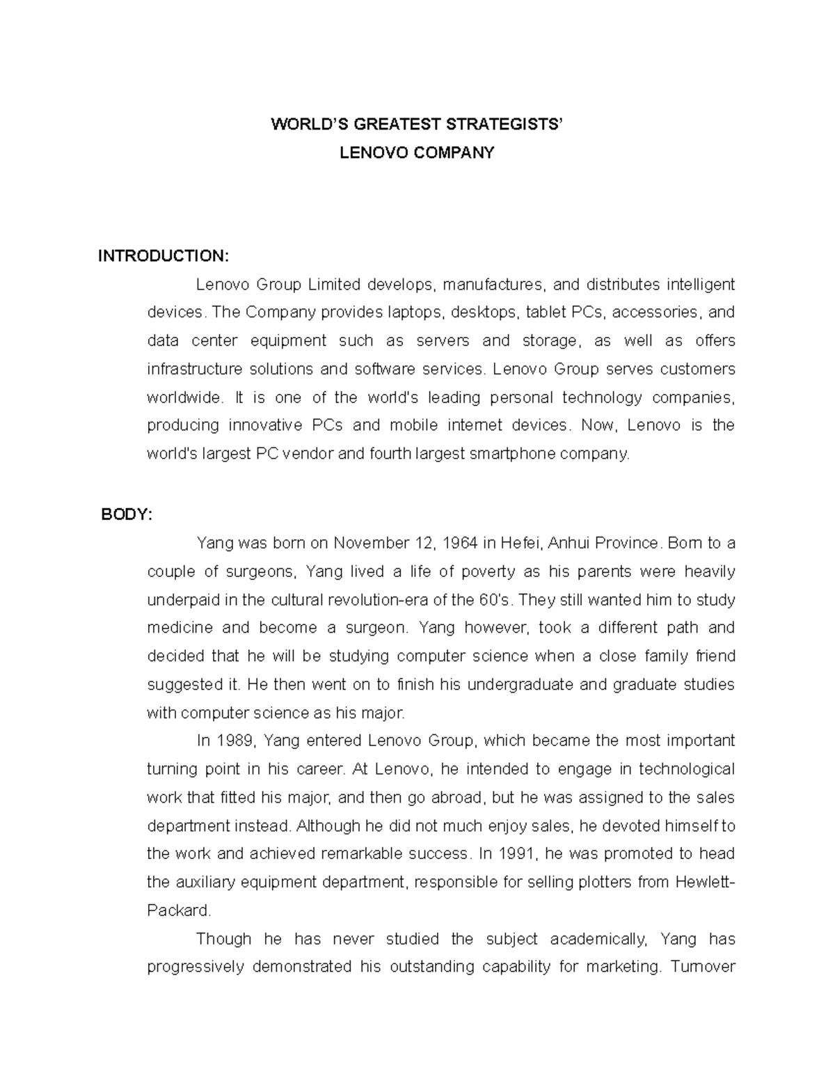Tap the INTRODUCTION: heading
click(x=163, y=256)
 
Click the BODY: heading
click(x=125, y=514)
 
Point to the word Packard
click(x=178, y=910)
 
